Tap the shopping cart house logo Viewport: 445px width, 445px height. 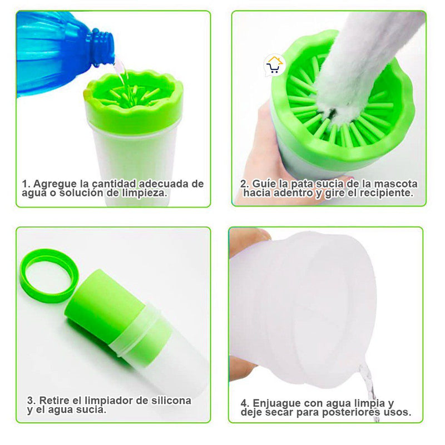[x=274, y=65]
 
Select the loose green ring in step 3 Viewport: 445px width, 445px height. [x=49, y=275]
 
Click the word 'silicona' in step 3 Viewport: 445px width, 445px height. [x=171, y=400]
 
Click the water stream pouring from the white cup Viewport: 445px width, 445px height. [x=369, y=392]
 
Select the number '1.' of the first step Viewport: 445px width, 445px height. [x=26, y=184]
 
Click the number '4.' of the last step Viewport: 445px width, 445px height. [x=245, y=404]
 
